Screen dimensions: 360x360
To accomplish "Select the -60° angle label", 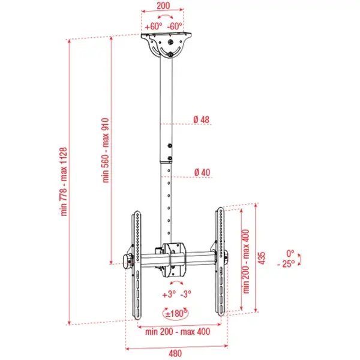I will pos(175,26).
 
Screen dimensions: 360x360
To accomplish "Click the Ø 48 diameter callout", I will pos(202,119).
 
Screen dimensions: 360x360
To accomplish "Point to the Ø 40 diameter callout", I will pos(202,172).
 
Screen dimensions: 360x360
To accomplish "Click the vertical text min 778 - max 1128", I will pos(63,181).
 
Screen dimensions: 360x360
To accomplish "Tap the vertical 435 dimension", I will pos(261,257).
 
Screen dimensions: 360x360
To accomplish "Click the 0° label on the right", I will pos(290,253).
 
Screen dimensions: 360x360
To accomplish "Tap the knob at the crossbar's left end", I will pos(127,260).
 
